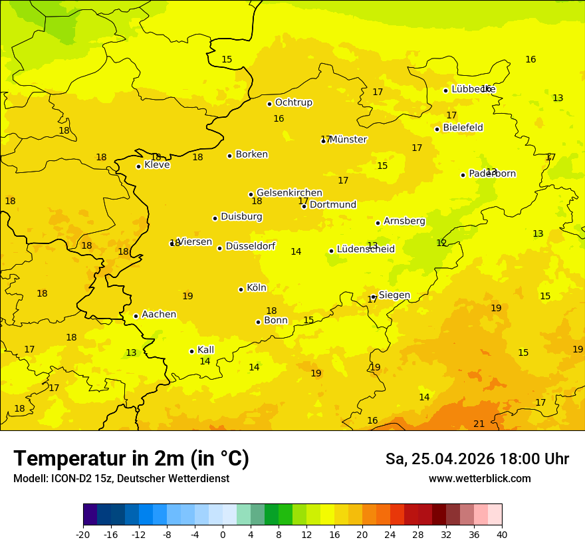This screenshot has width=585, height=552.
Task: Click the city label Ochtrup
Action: (293, 102)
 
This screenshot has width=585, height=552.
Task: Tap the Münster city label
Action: (348, 140)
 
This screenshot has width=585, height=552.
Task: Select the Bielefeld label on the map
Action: (463, 128)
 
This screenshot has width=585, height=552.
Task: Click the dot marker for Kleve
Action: (138, 166)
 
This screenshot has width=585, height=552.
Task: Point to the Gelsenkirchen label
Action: (289, 193)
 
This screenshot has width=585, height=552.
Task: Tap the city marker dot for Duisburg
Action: (215, 218)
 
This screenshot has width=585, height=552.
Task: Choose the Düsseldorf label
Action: (250, 246)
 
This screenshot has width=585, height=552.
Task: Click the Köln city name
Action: (256, 288)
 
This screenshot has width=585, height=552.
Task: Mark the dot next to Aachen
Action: (136, 316)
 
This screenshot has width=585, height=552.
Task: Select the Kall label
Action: (205, 350)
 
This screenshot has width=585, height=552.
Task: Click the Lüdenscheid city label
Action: (366, 249)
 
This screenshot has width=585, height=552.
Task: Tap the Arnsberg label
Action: (404, 221)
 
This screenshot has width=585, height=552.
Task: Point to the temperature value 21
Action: (479, 424)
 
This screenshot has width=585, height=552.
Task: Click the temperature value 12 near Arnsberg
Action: (441, 243)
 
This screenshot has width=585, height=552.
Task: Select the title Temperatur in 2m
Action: (131, 458)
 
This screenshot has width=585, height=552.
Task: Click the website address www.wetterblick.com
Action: (479, 479)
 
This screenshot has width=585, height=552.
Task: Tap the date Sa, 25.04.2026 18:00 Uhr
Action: (477, 459)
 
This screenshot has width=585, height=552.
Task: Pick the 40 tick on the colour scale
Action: (502, 534)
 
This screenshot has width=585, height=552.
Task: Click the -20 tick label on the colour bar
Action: (83, 534)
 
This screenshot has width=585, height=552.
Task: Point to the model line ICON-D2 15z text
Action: (121, 479)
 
